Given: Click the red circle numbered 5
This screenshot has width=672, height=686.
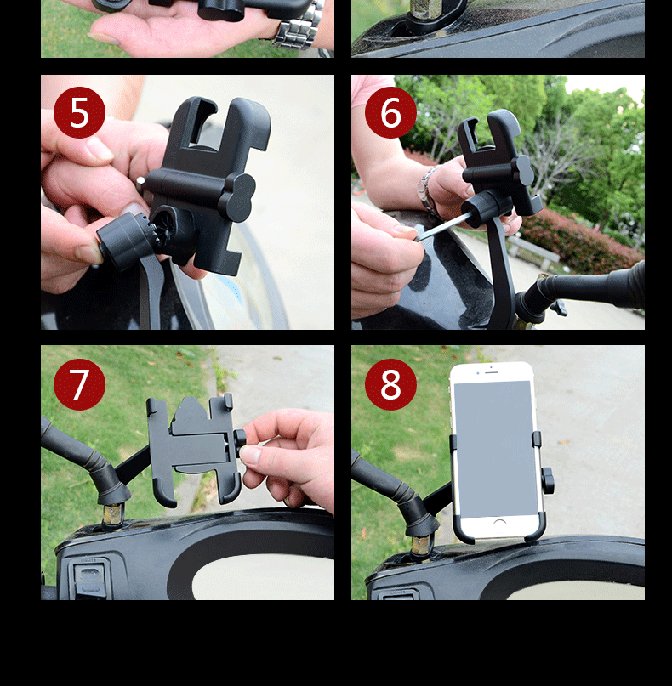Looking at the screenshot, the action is click(x=79, y=112).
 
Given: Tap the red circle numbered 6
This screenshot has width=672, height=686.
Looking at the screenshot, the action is click(x=390, y=112).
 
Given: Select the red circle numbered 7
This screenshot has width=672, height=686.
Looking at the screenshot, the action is click(x=79, y=384).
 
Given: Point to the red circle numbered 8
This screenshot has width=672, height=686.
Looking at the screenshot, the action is click(x=390, y=384).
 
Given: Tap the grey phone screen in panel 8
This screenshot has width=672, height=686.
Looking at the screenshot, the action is click(x=495, y=449).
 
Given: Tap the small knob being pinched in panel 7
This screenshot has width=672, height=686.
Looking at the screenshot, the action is click(x=239, y=443).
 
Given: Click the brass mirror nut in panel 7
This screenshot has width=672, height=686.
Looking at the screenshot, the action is click(x=111, y=513).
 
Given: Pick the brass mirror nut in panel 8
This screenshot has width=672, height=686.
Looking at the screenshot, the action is click(x=421, y=545).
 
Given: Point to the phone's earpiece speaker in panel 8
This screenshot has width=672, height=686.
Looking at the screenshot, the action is click(x=492, y=372).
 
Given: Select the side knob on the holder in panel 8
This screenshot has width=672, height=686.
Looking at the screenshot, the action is click(x=548, y=480).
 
